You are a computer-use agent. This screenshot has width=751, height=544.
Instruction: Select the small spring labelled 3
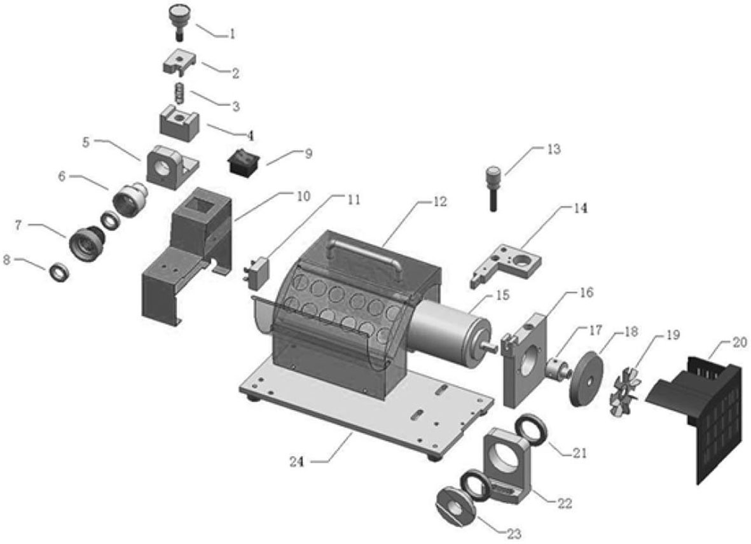point(179,92)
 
